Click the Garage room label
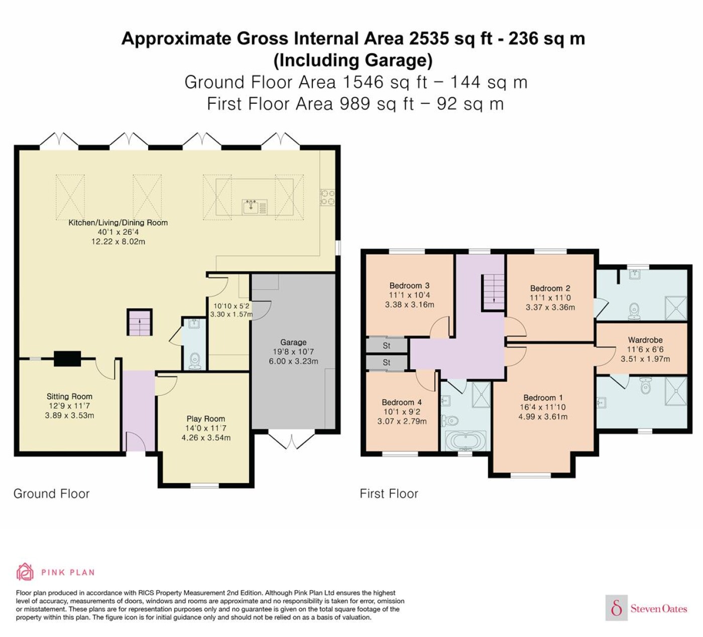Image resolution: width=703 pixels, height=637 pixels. (x=293, y=342)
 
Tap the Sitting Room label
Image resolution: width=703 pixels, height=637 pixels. (x=69, y=396)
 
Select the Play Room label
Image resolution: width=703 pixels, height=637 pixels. (x=206, y=418)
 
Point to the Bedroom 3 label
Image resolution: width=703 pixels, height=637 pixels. (x=409, y=285)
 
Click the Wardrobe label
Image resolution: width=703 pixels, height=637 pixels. (x=645, y=340)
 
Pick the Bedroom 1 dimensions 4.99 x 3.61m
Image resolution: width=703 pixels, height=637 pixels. (x=543, y=417)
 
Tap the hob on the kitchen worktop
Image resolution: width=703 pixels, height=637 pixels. (x=327, y=197)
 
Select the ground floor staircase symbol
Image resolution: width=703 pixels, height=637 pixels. (x=140, y=323)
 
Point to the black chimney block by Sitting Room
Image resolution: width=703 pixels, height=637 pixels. (x=67, y=359)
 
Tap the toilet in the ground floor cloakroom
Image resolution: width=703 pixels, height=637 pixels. (x=194, y=361)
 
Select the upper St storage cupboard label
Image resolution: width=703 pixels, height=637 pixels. (x=387, y=346)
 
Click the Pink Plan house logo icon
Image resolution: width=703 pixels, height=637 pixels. (x=25, y=571)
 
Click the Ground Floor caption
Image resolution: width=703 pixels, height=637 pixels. (x=52, y=494)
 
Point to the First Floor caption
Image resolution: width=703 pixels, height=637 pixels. (x=389, y=494)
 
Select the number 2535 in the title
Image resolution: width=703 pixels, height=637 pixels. (x=429, y=38)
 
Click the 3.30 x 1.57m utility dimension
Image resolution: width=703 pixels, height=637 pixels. (x=231, y=314)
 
